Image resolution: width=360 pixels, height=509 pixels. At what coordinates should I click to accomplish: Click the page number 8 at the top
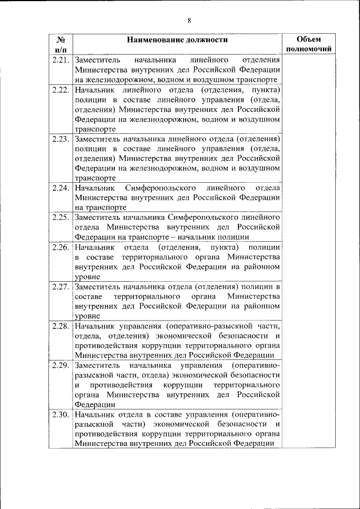(x=189, y=21)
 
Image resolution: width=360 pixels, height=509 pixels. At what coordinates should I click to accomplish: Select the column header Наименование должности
(x=177, y=40)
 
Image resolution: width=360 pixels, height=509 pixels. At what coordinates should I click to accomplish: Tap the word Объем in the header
(x=308, y=39)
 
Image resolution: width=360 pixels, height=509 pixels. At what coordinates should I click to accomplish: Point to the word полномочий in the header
(x=308, y=49)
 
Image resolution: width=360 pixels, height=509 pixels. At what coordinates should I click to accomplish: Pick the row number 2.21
(x=60, y=60)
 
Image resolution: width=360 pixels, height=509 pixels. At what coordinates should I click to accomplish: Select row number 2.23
(x=60, y=138)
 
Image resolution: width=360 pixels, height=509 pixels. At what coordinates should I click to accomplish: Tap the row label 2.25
(x=60, y=217)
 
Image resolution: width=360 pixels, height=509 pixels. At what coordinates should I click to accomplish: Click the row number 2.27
(x=60, y=287)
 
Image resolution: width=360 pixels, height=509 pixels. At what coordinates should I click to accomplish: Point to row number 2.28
(x=60, y=326)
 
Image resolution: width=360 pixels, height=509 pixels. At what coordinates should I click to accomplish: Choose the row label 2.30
(x=60, y=415)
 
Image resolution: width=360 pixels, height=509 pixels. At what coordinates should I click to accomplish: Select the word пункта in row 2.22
(x=266, y=89)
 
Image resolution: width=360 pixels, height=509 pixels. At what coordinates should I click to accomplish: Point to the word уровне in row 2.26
(x=87, y=277)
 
